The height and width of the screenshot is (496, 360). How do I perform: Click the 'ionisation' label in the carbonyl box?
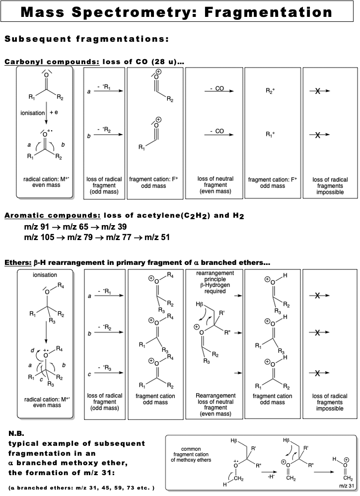pos(33,113)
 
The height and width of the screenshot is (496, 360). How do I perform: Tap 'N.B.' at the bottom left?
pos(17,433)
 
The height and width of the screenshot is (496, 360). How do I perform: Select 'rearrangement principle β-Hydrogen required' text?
pos(216,282)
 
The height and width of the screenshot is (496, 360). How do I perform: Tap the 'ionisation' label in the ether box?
pos(45,275)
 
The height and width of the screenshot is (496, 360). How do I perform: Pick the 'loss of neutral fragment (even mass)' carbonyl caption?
pos(216,185)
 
